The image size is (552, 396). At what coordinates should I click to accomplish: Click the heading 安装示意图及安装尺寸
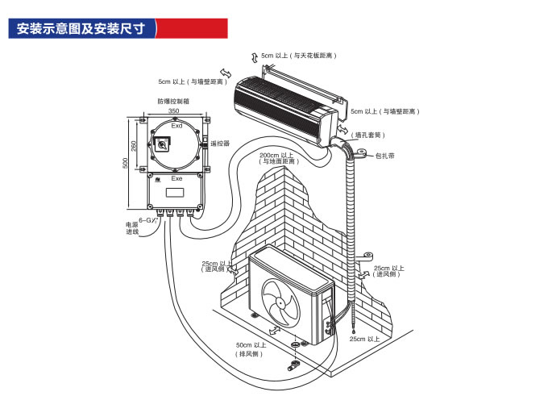(x=81, y=28)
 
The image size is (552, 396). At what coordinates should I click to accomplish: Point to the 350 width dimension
(x=173, y=111)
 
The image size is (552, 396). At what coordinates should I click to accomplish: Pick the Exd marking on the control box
(x=176, y=126)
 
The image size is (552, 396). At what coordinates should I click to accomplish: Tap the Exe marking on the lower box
(x=176, y=178)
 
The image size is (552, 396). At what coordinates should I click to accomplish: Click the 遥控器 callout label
(x=220, y=144)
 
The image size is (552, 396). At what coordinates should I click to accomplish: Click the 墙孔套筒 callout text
(x=370, y=134)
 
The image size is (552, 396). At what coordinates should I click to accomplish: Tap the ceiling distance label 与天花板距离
(x=299, y=56)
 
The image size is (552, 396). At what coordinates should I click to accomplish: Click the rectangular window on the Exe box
(x=175, y=194)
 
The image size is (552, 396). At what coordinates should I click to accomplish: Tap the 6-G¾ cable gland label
(x=147, y=219)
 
